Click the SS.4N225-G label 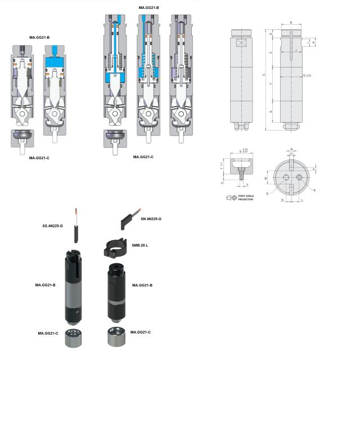point(53,226)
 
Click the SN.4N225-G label point(151,218)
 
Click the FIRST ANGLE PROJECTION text point(246,197)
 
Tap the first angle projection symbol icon point(231,197)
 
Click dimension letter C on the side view point(264,75)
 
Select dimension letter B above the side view point(291,23)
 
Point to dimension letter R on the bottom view point(314,191)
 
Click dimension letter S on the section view point(240,151)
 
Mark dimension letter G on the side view point(271,112)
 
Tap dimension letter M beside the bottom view point(265,178)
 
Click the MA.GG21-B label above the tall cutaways point(148,7)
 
